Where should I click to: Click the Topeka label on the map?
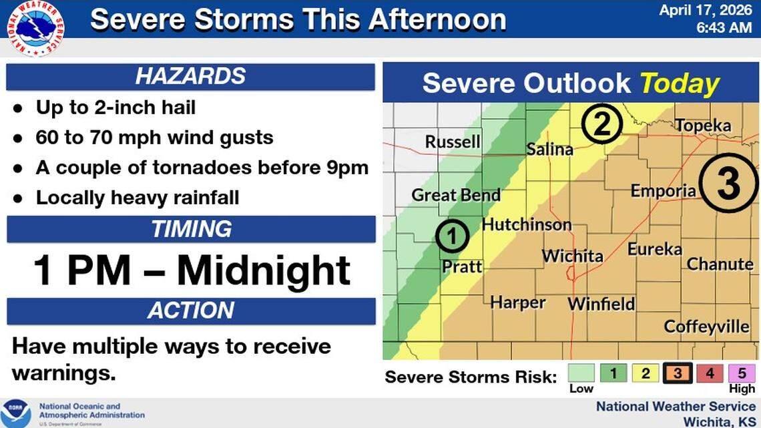[703, 126]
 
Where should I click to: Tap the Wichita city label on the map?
[572, 256]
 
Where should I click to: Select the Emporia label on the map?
[663, 192]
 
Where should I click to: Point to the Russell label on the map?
[453, 142]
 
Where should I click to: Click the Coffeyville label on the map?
[706, 327]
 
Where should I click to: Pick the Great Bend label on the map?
[456, 195]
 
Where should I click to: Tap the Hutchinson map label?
[527, 224]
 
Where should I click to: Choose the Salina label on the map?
[549, 150]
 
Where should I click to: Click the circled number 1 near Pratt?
[452, 236]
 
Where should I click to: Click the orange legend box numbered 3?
[678, 373]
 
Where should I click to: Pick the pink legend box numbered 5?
[742, 373]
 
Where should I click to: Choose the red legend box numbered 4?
[710, 373]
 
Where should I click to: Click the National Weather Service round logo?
[35, 28]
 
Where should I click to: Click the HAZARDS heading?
[190, 76]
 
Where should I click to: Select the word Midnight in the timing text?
[264, 271]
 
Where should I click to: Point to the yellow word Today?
[680, 84]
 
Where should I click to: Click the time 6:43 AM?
[724, 27]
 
